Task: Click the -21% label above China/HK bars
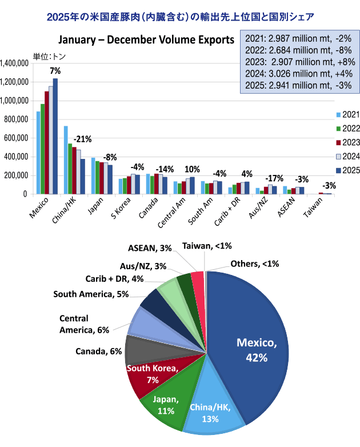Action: [82, 139]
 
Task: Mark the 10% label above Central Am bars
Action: [193, 154]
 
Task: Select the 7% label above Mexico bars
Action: [55, 71]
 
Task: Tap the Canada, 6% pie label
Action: [99, 351]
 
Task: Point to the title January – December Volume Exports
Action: [146, 41]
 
